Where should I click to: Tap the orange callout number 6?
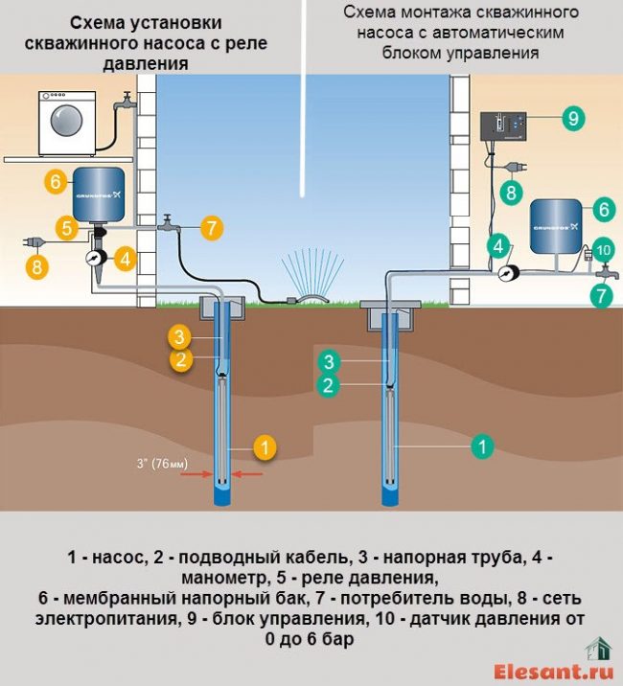[54, 180]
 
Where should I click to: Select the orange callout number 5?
[66, 228]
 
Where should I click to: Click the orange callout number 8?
[36, 267]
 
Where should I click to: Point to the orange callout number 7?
[211, 228]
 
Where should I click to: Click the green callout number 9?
[572, 119]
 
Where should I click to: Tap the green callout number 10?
[602, 251]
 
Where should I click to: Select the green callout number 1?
[483, 446]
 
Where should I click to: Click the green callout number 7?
[601, 295]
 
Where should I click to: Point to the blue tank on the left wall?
[100, 193]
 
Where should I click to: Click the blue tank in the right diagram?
[557, 226]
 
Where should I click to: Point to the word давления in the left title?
[155, 62]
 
